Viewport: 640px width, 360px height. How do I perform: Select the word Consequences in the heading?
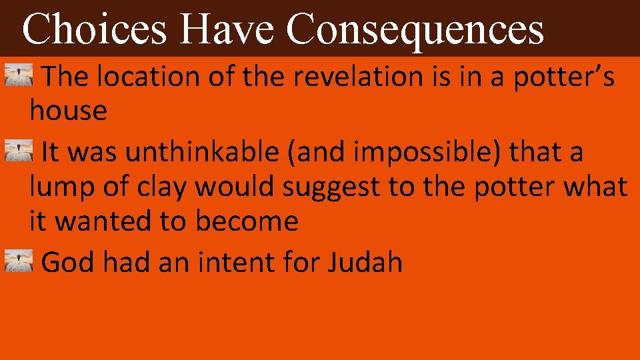tap(415, 29)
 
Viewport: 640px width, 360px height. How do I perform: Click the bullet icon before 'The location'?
tap(19, 77)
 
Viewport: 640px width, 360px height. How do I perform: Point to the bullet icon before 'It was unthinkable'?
tap(19, 152)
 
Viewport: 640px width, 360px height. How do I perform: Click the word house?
tap(68, 111)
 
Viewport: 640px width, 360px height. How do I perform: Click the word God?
tap(68, 263)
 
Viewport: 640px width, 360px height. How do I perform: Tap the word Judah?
tap(365, 263)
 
